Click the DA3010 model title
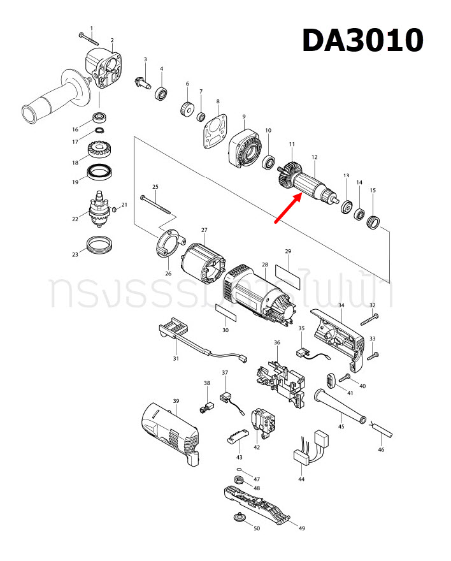(362, 40)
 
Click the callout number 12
(314, 157)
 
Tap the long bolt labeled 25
(157, 202)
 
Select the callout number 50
(256, 528)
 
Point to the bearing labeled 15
(373, 221)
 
